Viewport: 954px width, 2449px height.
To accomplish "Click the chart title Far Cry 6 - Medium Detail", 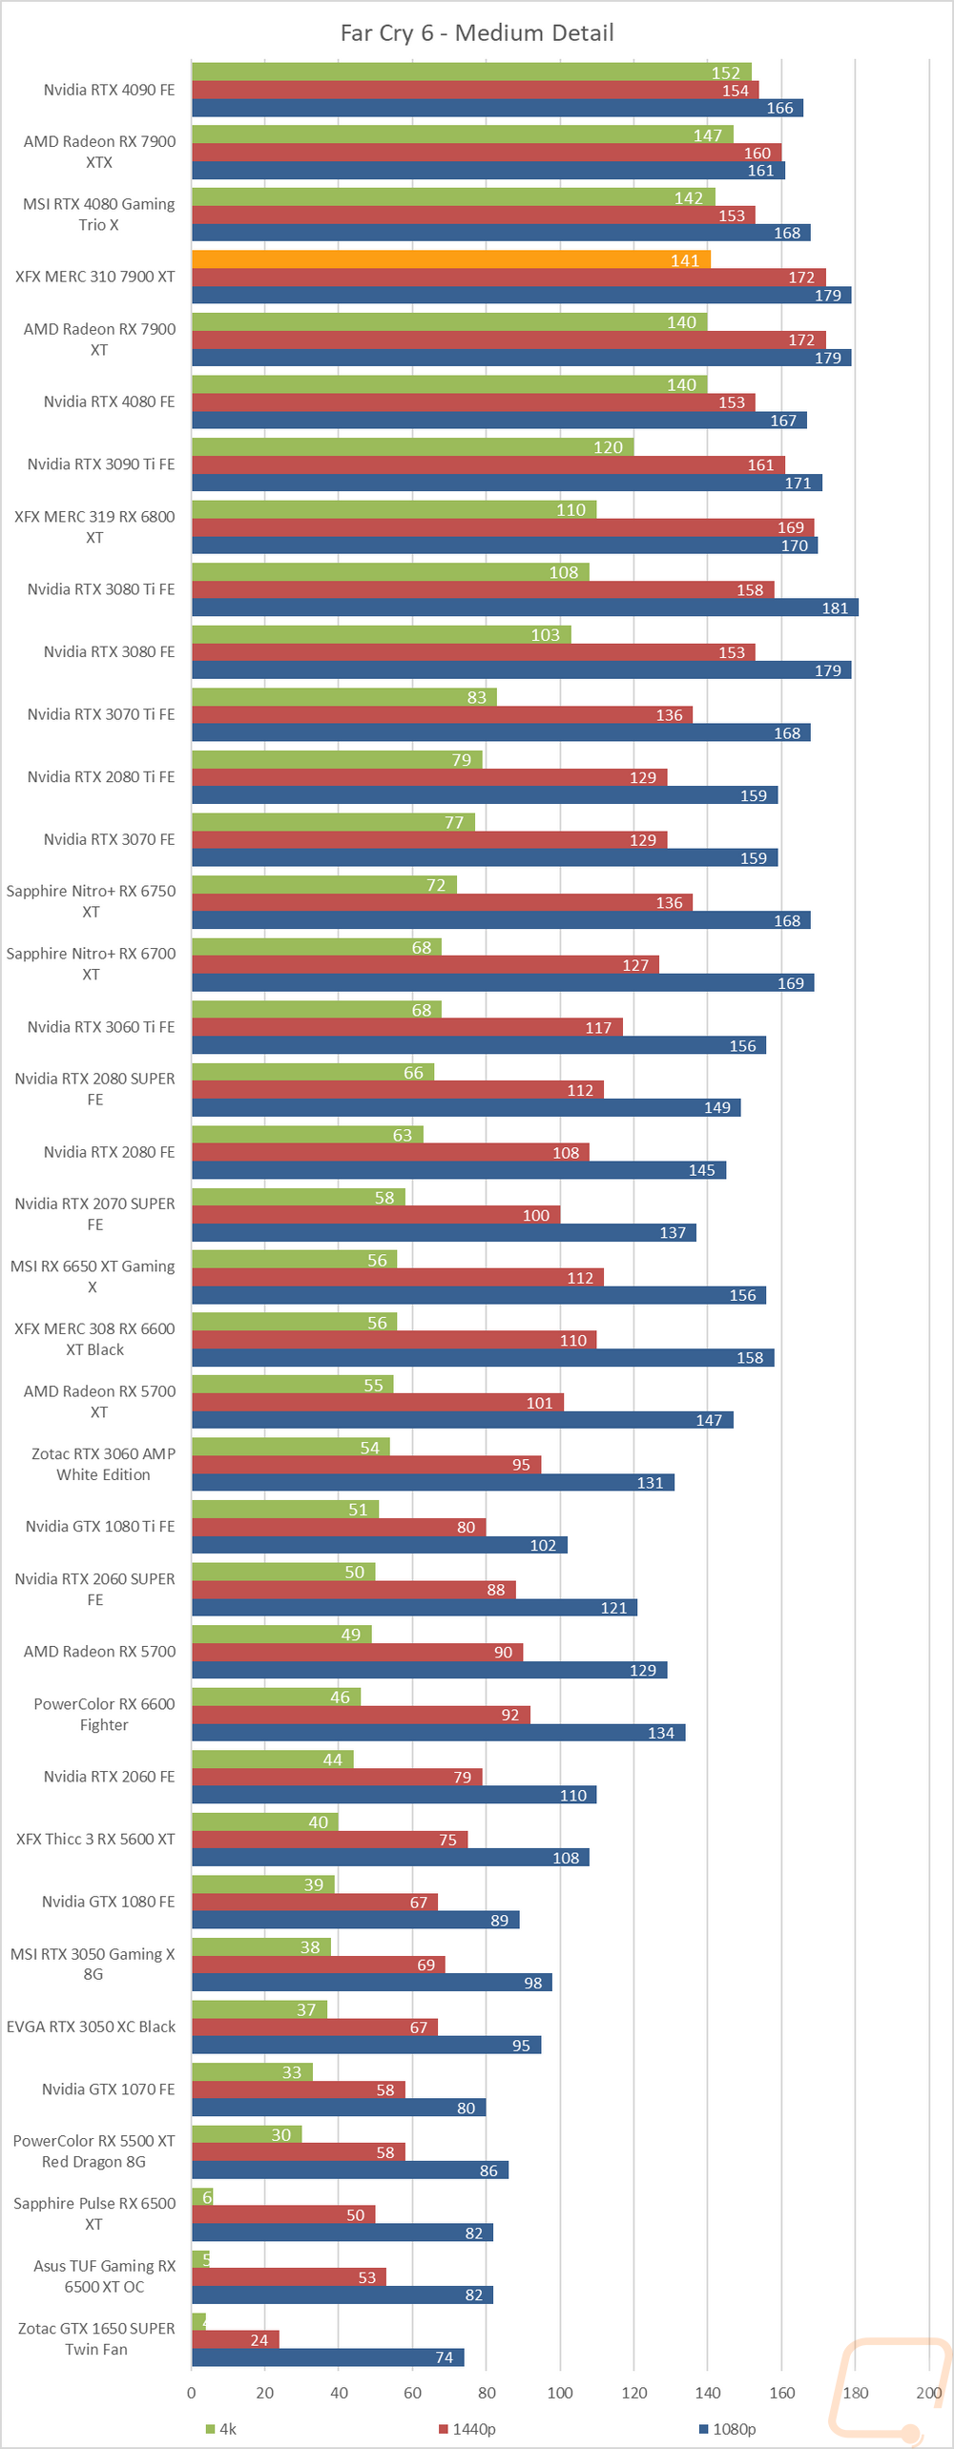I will tap(477, 33).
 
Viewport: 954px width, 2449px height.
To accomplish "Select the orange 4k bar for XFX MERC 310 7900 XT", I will tap(450, 259).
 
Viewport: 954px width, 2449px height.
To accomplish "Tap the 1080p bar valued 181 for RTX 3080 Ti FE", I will tap(525, 607).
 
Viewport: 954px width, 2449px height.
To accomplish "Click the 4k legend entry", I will tap(221, 2428).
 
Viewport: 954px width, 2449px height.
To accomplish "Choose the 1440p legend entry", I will tap(467, 2428).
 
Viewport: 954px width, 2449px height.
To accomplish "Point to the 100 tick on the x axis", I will tap(560, 2392).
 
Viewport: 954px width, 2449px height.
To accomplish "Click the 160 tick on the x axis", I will tap(781, 2392).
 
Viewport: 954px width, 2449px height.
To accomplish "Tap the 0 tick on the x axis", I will tap(192, 2392).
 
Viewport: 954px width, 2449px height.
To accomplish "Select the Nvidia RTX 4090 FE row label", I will tap(109, 90).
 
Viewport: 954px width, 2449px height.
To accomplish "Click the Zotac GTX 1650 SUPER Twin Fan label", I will tap(96, 2338).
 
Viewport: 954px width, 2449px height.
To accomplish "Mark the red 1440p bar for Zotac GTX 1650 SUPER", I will tap(236, 2339).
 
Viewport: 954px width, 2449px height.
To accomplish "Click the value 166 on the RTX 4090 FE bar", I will tap(779, 109).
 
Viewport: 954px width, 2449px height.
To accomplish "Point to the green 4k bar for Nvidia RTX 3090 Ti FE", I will tap(412, 446).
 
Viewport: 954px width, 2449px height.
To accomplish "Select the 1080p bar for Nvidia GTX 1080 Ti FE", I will tap(379, 1545).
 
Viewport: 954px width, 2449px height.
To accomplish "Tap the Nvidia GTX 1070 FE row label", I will tap(108, 2089).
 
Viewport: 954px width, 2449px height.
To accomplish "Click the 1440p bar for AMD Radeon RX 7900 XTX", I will tap(487, 153).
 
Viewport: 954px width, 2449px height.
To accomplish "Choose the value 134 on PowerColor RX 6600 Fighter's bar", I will tap(660, 1733).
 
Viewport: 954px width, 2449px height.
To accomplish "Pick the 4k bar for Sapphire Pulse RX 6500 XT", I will tap(202, 2197).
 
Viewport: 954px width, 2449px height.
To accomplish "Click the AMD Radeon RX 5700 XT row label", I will tap(99, 1402).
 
